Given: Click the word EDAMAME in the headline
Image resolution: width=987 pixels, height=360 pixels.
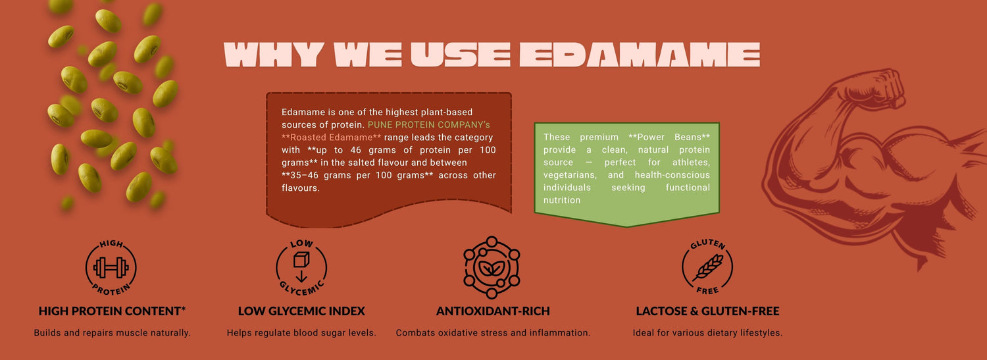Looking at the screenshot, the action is [x=640, y=55].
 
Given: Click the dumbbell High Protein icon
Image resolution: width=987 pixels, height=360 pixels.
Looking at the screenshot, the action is [x=111, y=267].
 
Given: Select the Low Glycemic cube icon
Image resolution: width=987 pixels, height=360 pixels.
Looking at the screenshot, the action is [x=301, y=267].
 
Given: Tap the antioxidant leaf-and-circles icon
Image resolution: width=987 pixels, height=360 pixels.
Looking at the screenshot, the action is [x=492, y=267].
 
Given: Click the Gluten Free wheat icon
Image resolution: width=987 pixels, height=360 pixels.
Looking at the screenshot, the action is [x=707, y=267].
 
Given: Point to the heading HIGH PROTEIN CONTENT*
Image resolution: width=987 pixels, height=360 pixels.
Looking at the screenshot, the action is [x=112, y=311].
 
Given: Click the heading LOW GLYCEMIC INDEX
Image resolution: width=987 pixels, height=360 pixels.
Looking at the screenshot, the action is [x=301, y=311].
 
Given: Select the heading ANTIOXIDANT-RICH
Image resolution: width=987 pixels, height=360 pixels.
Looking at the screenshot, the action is [x=493, y=311].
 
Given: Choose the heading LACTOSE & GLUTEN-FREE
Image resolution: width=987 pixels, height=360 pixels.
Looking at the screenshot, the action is [x=707, y=311].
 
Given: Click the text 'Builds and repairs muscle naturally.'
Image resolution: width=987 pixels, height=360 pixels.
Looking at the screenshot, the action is [x=113, y=333].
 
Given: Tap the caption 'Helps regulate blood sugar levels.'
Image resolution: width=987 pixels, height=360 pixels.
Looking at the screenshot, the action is [x=301, y=333].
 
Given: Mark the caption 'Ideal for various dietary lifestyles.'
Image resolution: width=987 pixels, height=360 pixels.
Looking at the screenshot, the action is [x=707, y=333].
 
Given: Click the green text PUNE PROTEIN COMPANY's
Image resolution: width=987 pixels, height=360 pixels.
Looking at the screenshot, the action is [x=429, y=124].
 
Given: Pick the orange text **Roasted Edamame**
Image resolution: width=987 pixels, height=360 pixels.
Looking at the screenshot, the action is [x=332, y=138].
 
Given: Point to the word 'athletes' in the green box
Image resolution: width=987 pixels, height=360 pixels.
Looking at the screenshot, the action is [x=692, y=163].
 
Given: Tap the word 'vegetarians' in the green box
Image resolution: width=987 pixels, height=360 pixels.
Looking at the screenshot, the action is [x=570, y=175].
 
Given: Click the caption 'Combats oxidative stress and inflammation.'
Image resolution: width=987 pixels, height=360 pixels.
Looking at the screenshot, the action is [x=493, y=333].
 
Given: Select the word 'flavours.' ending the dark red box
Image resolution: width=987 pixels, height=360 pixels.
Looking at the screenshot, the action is [x=301, y=188].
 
